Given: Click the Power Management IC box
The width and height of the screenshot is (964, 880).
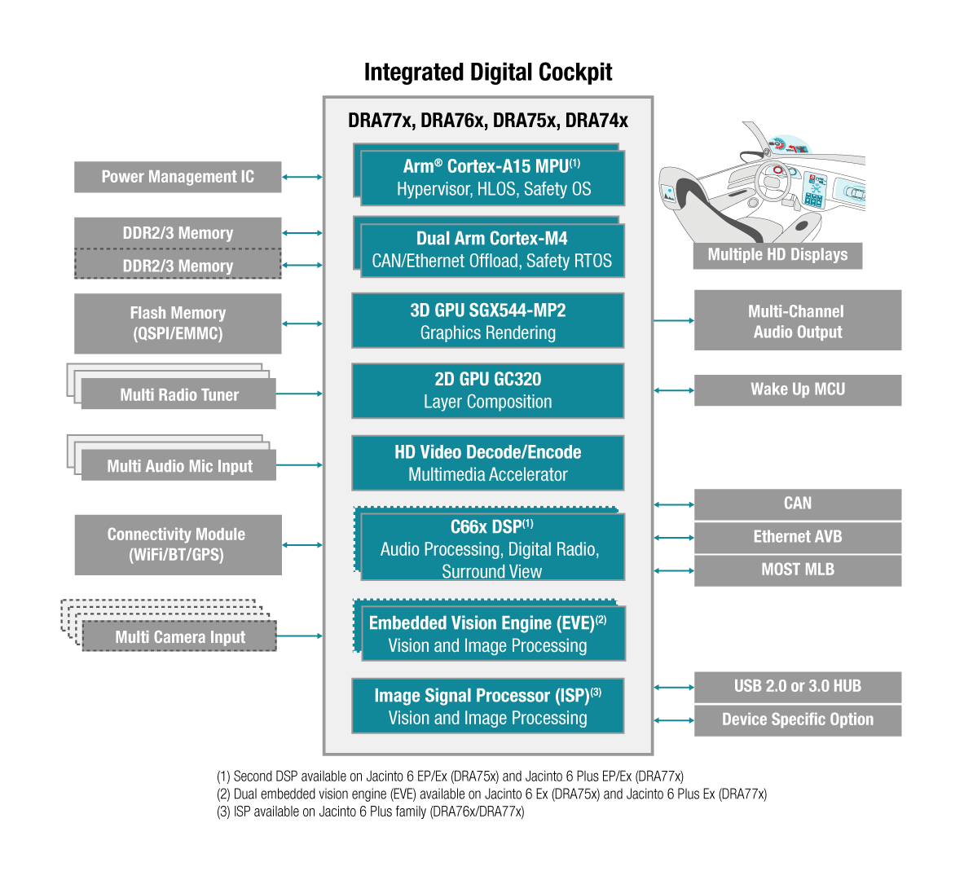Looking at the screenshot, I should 178,177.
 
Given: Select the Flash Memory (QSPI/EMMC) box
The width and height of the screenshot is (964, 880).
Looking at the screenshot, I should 178,323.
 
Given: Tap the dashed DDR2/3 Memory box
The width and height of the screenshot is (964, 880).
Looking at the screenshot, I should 178,266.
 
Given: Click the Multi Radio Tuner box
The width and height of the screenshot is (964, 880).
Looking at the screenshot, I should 178,394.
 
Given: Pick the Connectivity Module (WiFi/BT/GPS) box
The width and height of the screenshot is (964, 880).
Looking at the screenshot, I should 178,544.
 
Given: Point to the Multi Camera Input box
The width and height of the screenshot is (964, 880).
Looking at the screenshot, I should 179,636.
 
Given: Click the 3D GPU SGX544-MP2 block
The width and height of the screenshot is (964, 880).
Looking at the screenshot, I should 487,321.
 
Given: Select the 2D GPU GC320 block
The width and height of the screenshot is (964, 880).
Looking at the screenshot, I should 487,390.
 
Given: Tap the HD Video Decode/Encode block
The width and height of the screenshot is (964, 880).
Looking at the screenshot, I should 487,463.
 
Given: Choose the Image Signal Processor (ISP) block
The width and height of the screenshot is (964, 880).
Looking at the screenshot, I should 487,706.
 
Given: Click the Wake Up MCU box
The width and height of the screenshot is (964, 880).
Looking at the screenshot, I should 797,389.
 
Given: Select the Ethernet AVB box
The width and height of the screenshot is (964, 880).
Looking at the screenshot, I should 797,537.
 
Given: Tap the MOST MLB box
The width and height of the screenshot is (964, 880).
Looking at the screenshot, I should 797,570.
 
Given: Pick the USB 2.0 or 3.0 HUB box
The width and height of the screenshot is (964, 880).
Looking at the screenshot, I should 797,687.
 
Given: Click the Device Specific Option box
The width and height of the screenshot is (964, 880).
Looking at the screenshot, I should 797,720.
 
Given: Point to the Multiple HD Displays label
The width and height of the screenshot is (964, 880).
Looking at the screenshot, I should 777,255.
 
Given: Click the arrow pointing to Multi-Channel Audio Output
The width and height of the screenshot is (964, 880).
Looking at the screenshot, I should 674,321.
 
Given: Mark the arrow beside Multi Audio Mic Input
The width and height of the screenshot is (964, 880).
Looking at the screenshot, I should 299,465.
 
